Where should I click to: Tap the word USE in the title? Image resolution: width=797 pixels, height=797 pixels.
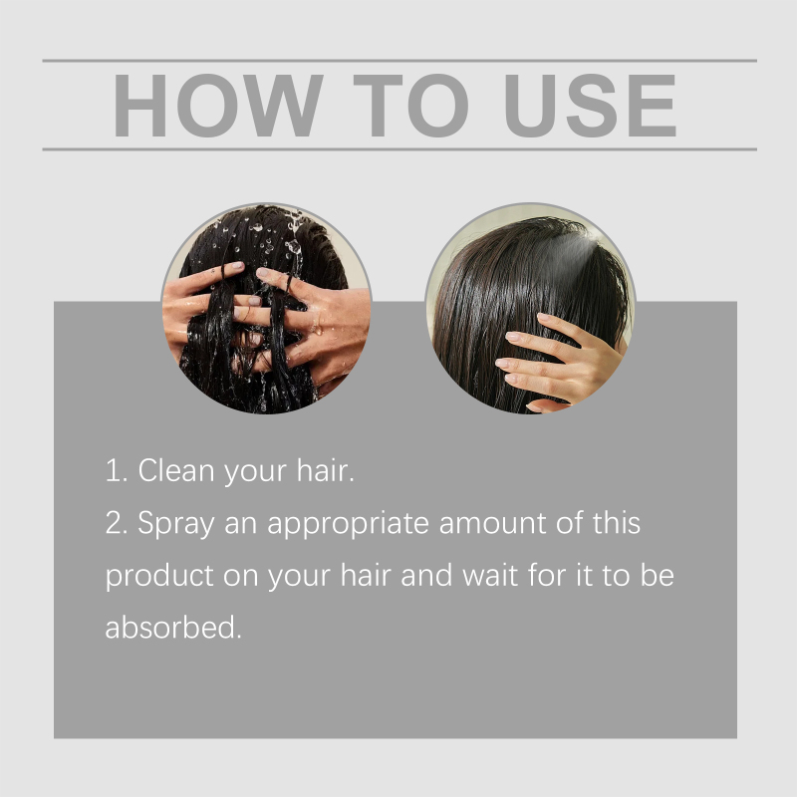tap(591, 106)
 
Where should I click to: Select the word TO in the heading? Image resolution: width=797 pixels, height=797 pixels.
tap(410, 106)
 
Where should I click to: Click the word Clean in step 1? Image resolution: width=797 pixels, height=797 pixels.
tap(176, 470)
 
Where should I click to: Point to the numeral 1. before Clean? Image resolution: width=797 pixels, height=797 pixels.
tap(117, 470)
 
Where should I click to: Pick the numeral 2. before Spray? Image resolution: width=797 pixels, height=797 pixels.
tap(117, 523)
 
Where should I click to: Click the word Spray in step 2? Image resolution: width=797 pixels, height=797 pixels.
tap(176, 525)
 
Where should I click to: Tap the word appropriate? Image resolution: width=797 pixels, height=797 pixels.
tap(348, 525)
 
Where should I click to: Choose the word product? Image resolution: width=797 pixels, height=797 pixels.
tap(159, 576)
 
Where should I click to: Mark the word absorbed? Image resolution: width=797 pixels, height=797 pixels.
tap(172, 627)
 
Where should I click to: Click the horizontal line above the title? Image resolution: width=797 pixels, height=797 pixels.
tap(399, 61)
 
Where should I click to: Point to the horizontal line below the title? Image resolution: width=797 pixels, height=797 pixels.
tap(399, 149)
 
